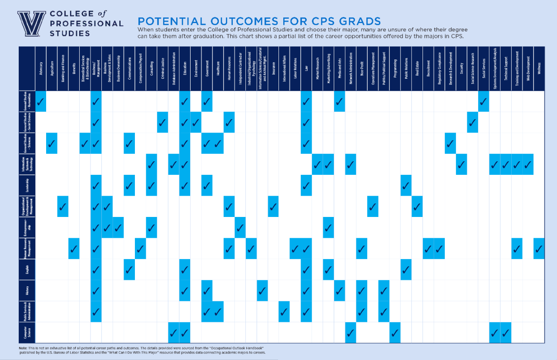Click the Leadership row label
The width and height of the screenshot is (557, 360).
[27, 185]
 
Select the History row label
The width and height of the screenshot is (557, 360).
[27, 290]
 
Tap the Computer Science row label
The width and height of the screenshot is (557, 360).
[27, 333]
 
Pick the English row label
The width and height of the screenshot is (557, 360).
[27, 270]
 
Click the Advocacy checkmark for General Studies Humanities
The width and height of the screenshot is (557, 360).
[41, 102]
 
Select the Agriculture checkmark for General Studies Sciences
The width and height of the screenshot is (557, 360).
[52, 143]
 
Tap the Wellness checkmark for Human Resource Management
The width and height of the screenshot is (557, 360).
[539, 249]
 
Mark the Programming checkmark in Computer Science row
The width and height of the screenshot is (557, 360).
[395, 333]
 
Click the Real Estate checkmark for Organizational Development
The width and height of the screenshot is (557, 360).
[417, 207]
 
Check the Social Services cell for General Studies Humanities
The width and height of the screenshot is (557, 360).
[483, 102]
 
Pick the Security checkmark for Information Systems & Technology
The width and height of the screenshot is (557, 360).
[461, 164]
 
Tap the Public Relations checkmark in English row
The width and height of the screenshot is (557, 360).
[406, 270]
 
